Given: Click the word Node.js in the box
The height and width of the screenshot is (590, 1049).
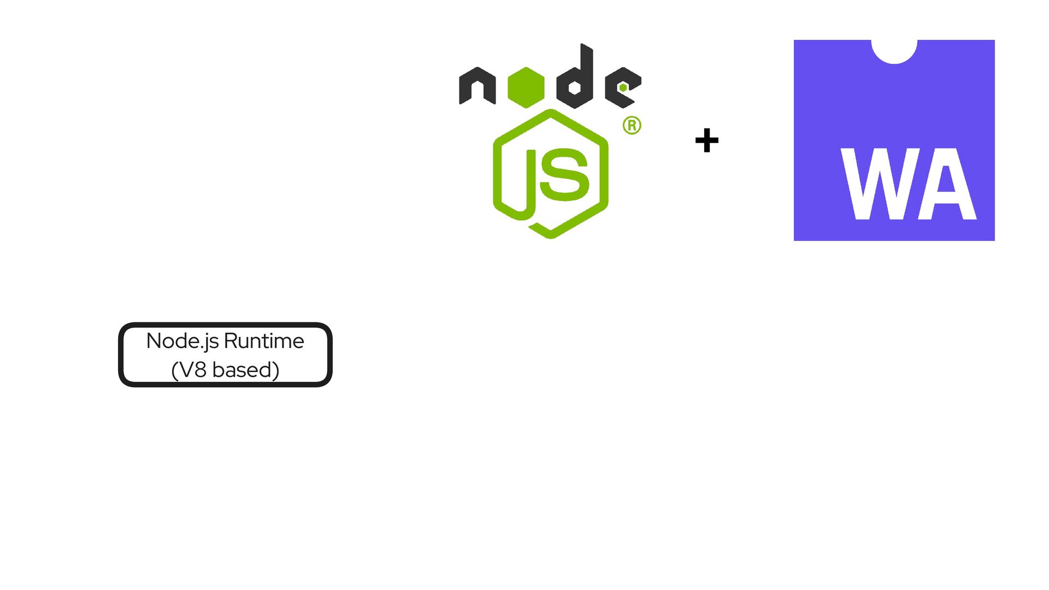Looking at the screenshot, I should (182, 341).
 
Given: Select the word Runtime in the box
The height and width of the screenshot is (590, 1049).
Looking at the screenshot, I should (264, 341).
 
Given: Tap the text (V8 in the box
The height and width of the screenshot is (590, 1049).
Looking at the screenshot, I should (189, 370).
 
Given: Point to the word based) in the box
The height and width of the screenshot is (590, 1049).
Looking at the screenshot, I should (246, 370).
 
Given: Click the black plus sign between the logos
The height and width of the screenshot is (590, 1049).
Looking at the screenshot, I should (706, 140).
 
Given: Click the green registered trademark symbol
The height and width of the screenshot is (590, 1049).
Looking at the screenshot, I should (632, 126).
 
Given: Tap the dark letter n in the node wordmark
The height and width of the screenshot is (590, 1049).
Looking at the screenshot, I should (477, 86).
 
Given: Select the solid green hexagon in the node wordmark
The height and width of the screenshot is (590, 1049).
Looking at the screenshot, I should (526, 87).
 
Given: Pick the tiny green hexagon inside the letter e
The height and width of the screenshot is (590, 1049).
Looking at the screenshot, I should (623, 87).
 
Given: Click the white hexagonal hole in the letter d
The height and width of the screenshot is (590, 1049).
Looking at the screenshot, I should (575, 87).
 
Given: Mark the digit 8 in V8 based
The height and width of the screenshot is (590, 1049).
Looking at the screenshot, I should (201, 370).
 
